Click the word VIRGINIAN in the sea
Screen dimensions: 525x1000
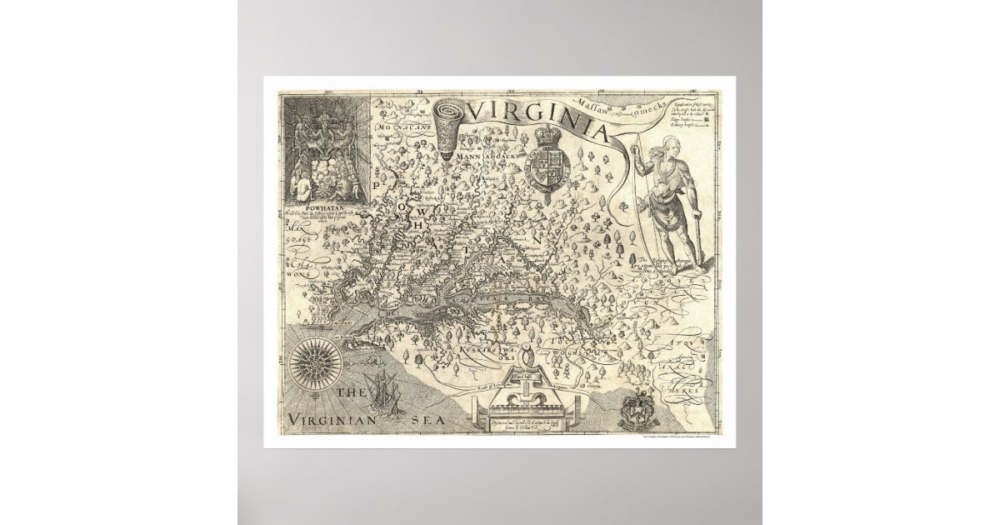(x=330, y=419)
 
